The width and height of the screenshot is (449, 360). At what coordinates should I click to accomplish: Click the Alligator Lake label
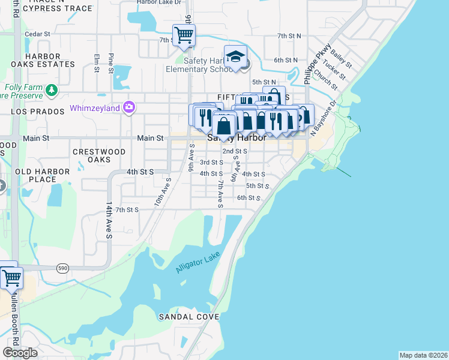pos(199,262)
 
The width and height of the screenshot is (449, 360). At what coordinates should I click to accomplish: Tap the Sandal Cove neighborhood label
pos(185,316)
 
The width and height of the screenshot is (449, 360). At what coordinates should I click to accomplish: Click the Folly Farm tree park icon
pos(52,90)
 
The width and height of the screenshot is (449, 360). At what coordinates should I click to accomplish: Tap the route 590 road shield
pos(63,268)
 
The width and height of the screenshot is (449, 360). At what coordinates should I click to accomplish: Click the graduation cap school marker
pos(236,58)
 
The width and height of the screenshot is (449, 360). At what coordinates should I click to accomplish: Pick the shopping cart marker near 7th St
pos(183,35)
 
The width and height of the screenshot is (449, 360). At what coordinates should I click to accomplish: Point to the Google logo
pos(20,353)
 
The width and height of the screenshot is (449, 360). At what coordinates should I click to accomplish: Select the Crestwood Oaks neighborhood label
pos(99,156)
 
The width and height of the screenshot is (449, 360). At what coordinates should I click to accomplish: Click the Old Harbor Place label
pos(43,175)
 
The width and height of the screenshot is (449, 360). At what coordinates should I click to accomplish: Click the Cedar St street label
pos(37,34)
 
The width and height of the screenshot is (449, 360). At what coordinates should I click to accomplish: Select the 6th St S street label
pos(249,197)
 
